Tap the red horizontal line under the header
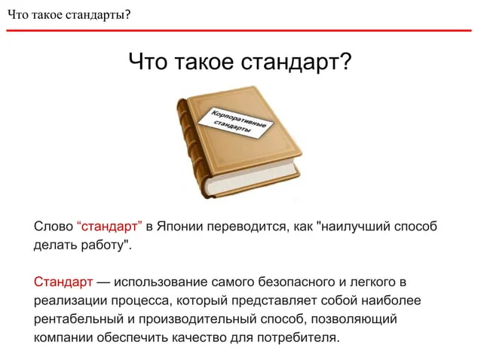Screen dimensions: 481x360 tap(239, 30)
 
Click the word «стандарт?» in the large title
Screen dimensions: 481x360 tap(296, 62)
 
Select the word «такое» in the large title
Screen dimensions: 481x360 tap(204, 61)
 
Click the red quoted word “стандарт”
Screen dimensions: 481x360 tap(109, 226)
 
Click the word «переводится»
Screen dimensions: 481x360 tap(248, 227)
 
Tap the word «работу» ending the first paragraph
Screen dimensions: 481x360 tap(104, 245)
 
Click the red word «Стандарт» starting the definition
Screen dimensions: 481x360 tap(63, 282)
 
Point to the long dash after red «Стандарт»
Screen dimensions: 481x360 tap(103, 282)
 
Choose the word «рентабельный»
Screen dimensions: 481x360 tap(78, 319)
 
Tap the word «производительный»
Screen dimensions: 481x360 tap(198, 319)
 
